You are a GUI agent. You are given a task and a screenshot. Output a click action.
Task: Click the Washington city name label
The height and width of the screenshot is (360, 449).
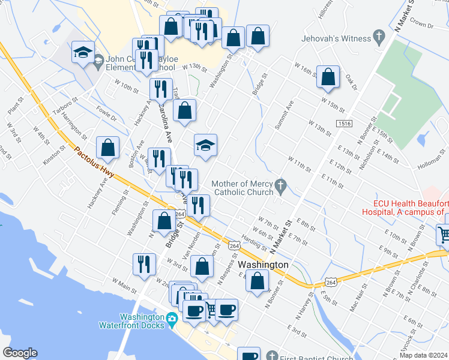pos(263,265)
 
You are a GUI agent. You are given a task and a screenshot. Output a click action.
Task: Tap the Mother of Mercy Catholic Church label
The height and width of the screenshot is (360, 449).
pos(243,188)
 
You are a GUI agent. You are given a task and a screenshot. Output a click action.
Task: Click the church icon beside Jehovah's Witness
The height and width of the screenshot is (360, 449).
pos(379,38)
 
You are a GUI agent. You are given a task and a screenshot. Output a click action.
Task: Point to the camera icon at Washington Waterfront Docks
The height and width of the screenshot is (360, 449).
pos(172,317)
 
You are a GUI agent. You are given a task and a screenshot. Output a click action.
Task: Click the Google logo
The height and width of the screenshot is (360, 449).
pos(20,353)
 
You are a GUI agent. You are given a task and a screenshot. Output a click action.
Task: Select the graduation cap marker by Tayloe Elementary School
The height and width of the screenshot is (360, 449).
pos(83,52)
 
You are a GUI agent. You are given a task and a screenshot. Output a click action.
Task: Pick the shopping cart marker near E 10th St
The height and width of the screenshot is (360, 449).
pos(444,235)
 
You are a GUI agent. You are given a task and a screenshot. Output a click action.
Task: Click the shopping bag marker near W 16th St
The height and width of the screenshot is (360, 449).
pos(328,77)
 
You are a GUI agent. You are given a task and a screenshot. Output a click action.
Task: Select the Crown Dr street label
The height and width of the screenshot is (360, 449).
pos(422,25)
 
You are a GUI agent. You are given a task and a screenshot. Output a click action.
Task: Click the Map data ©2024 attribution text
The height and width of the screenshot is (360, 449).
pos(424,355)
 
